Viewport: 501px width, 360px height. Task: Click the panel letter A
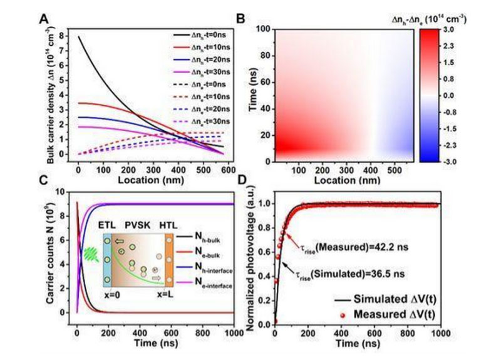coord(44,18)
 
